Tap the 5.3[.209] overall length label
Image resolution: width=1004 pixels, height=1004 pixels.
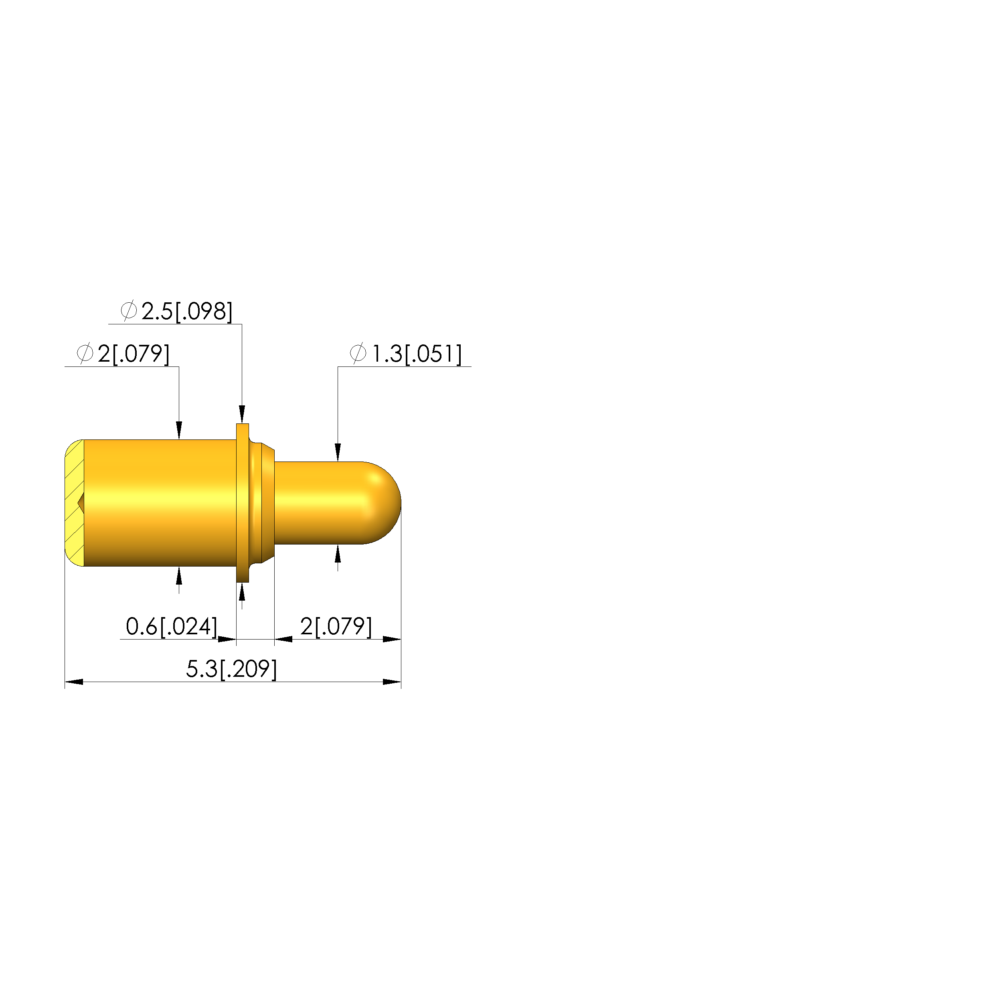tap(231, 669)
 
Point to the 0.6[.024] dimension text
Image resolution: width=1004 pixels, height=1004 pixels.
tap(172, 626)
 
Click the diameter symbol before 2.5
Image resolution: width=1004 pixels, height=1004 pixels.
tap(128, 311)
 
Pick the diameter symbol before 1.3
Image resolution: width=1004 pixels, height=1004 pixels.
tap(358, 353)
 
